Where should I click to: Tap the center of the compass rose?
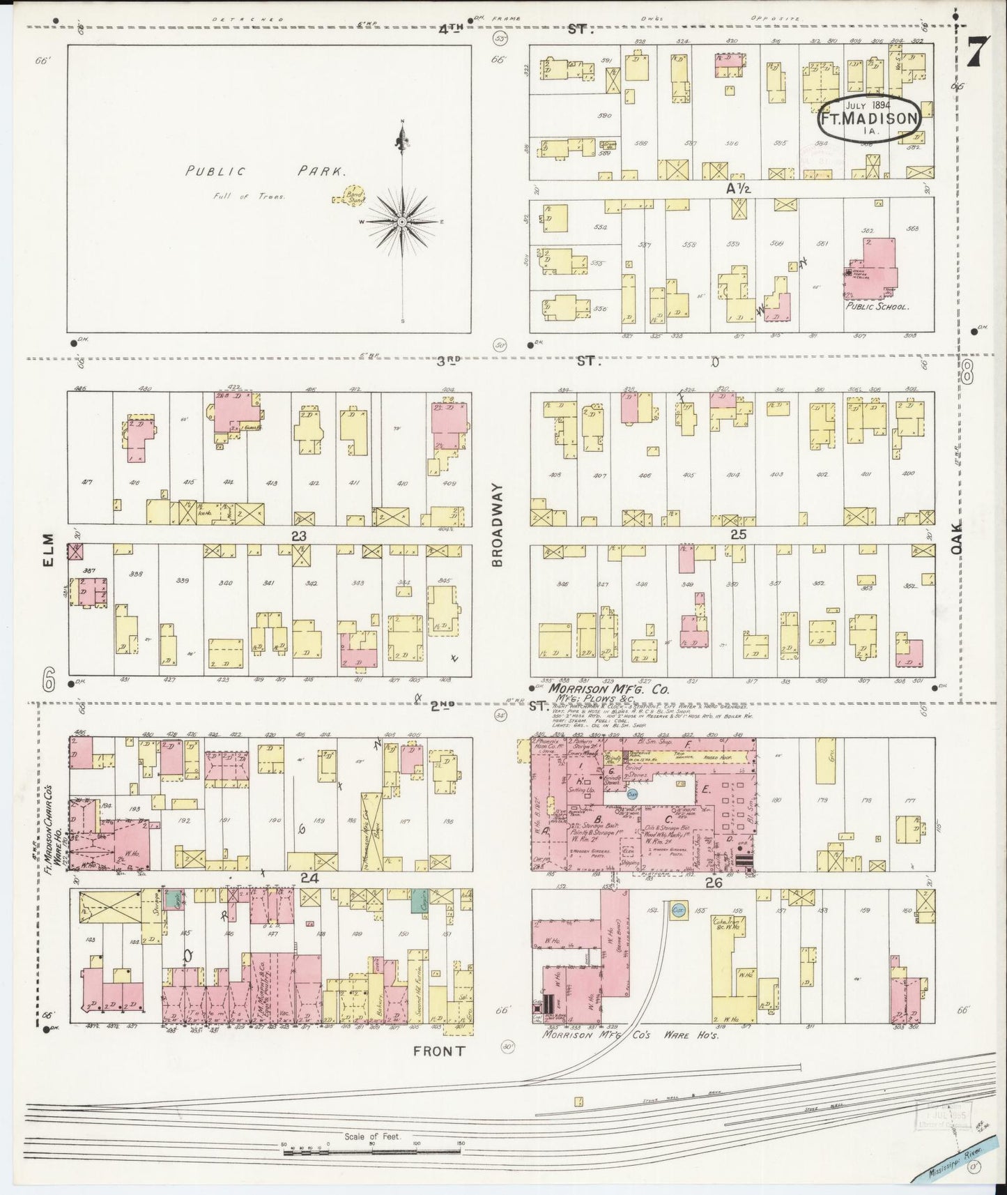(x=402, y=221)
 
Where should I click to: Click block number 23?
(x=299, y=535)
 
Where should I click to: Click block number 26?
(x=712, y=881)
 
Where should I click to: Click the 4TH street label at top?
(x=452, y=29)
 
